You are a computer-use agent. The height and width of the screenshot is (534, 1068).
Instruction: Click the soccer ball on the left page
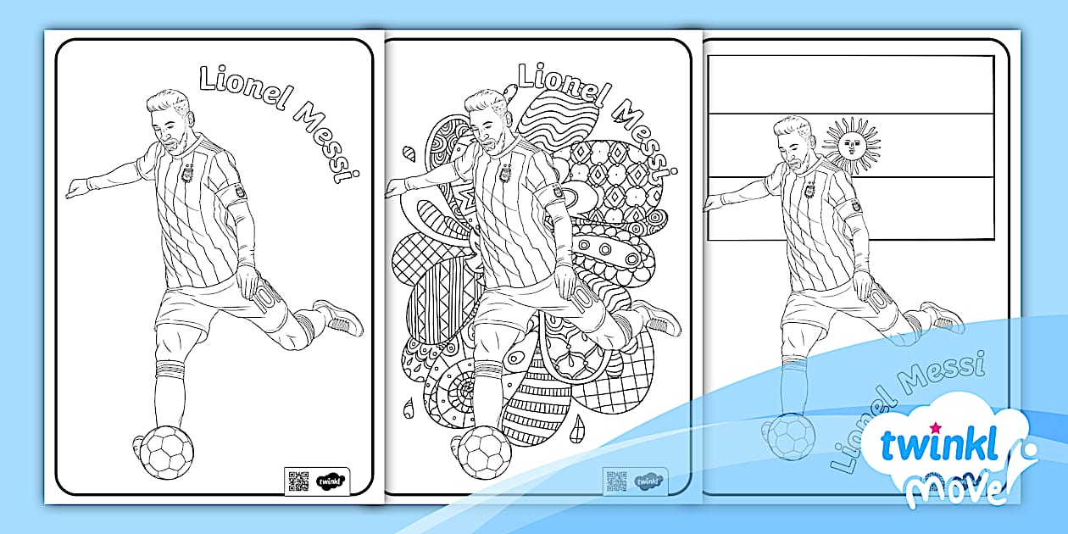166,451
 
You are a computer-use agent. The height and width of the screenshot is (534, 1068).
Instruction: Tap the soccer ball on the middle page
486,450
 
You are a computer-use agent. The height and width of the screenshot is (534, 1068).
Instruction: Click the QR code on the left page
298,481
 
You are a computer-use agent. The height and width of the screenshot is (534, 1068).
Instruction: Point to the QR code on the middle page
616,481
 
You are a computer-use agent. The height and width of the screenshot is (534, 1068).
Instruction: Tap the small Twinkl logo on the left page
328,481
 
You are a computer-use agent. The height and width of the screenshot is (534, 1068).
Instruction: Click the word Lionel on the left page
245,84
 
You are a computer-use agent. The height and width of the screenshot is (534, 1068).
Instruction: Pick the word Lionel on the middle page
562,84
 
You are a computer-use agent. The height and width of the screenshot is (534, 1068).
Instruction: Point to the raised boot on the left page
338,317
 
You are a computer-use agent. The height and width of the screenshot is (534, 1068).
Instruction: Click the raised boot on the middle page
657,317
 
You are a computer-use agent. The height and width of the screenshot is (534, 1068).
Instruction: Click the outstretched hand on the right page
714,201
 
